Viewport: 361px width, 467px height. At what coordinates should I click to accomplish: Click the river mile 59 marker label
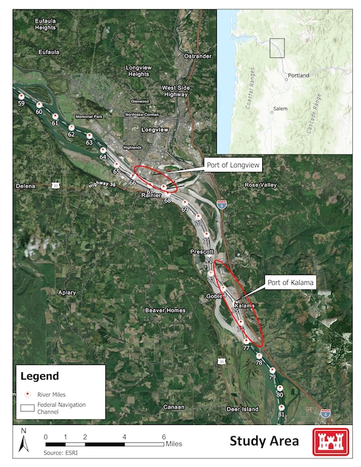(x=21, y=104)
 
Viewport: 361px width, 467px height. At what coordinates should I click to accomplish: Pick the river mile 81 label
(x=281, y=414)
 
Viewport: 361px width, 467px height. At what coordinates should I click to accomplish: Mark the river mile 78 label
(x=259, y=362)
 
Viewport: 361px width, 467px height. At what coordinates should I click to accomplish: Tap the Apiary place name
(x=67, y=292)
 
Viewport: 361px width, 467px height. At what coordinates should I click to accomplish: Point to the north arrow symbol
(x=23, y=441)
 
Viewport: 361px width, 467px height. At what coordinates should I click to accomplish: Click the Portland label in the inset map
(x=298, y=76)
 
